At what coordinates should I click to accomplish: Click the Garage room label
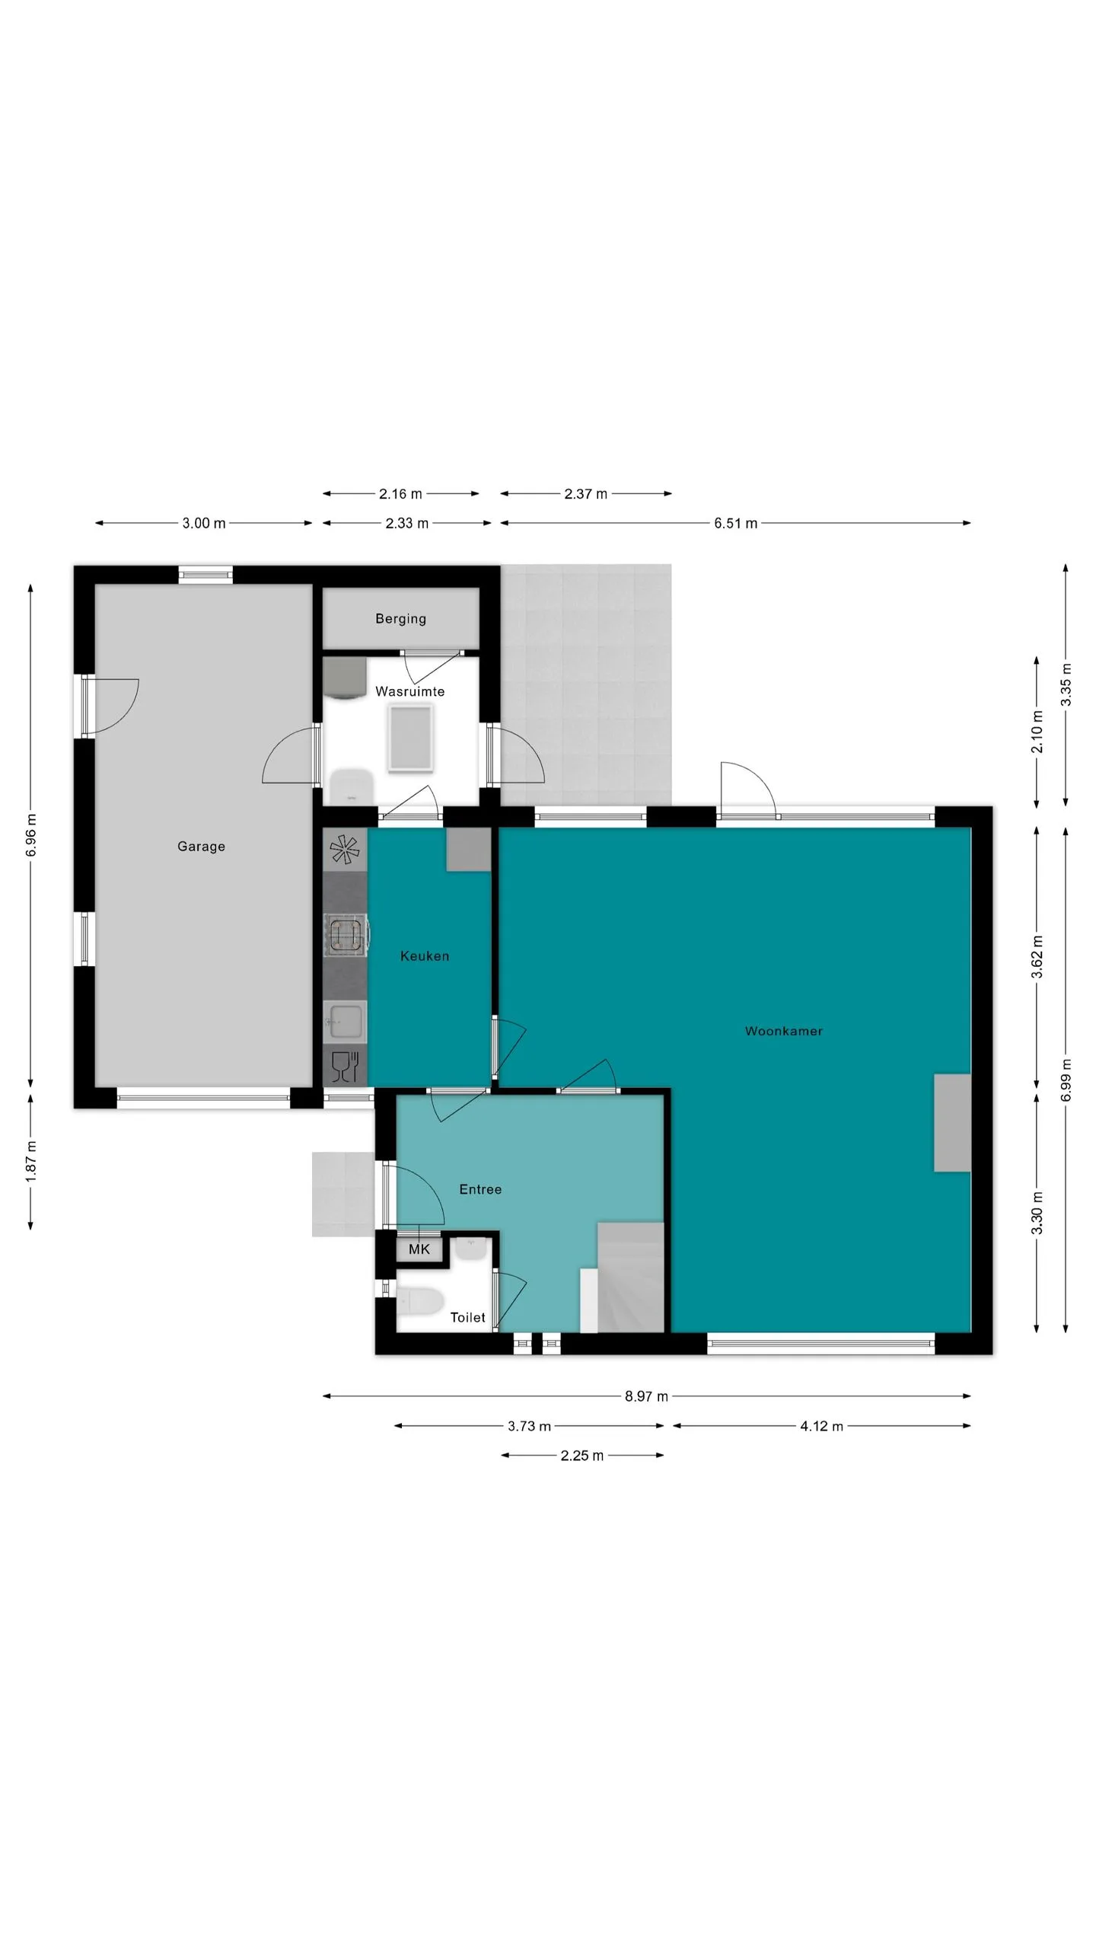point(201,846)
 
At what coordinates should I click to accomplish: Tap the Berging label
point(400,618)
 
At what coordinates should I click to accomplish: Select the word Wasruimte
point(409,691)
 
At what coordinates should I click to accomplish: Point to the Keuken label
point(425,955)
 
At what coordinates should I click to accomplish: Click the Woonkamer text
point(783,1031)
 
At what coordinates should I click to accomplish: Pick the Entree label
point(480,1189)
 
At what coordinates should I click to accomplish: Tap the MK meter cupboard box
point(419,1249)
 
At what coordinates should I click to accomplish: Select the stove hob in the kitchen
point(346,936)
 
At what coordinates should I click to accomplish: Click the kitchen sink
point(346,1022)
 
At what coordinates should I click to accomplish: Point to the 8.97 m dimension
point(646,1396)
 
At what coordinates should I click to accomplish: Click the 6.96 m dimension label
point(31,835)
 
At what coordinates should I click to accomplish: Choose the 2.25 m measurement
point(582,1456)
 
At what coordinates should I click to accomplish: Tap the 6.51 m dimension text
point(735,523)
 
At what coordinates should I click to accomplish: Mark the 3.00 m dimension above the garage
point(204,523)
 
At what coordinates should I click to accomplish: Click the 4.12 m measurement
point(821,1426)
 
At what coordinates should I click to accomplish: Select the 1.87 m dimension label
point(31,1163)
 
